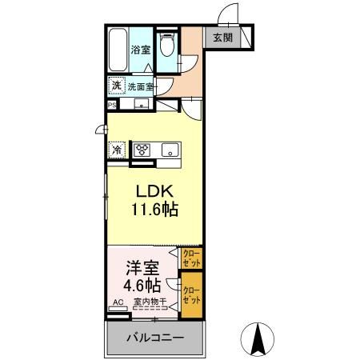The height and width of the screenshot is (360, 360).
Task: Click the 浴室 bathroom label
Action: pos(141,49)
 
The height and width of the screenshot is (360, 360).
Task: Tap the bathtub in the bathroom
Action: pos(117,50)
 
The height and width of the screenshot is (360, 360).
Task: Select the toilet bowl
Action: pos(167,47)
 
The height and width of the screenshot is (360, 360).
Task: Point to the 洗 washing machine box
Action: pos(116,85)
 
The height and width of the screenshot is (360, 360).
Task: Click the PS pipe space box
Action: pos(111,103)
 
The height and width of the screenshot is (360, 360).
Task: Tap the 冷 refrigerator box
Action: pos(117,149)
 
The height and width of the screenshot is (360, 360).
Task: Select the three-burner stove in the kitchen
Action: pos(143,150)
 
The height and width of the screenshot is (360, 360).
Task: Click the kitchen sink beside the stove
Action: pos(170,150)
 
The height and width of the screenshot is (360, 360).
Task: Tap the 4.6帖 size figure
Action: pos(142,286)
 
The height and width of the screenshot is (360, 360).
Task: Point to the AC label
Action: pos(118,302)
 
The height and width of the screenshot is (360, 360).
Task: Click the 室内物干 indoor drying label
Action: pos(149,302)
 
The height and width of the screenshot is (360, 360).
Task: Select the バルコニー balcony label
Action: pos(152,338)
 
